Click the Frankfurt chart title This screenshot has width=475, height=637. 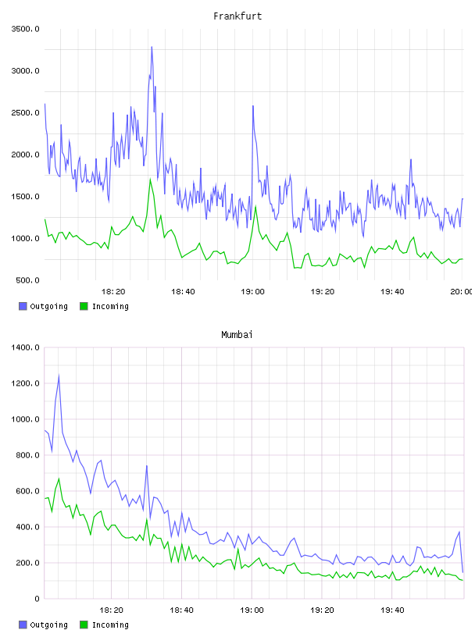[237, 16]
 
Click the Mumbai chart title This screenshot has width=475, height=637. [237, 335]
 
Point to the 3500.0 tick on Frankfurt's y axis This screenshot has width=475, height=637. [25, 29]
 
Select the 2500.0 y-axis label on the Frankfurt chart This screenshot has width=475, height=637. [25, 112]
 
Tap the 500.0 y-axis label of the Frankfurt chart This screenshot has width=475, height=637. [27, 280]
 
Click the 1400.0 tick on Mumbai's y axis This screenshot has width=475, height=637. [25, 347]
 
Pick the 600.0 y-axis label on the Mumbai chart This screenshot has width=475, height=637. [27, 491]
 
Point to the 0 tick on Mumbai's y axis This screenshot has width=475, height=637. [37, 599]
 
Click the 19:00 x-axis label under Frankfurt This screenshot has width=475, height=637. [252, 292]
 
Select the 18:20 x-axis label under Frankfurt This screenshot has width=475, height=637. [113, 292]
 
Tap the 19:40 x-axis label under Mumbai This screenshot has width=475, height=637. [392, 610]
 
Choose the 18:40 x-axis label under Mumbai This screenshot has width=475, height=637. [181, 610]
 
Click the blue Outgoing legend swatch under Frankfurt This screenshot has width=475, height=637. [23, 306]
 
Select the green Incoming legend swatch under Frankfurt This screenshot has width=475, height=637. [84, 306]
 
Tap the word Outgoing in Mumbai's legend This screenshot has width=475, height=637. [48, 625]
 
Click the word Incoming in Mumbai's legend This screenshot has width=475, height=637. [110, 625]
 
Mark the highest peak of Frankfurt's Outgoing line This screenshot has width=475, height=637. [152, 47]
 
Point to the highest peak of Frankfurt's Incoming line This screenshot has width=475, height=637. [150, 179]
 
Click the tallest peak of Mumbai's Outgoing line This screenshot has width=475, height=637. [59, 375]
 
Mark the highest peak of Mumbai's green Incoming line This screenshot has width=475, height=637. [59, 479]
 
